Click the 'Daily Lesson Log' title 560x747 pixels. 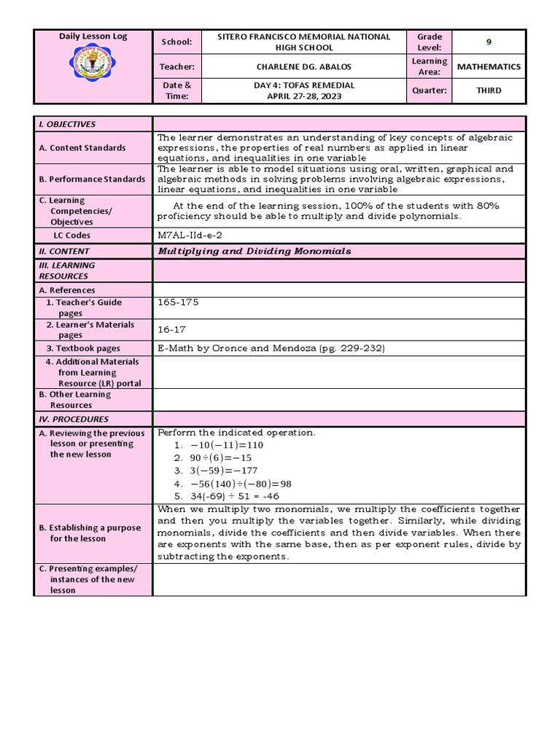pyautogui.click(x=93, y=36)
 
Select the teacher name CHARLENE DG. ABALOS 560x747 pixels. pyautogui.click(x=304, y=66)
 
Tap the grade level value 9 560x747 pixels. pyautogui.click(x=489, y=42)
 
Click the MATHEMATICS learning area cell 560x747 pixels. pyautogui.click(x=489, y=66)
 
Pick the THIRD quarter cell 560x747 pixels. pyautogui.click(x=489, y=90)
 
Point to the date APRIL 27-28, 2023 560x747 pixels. pyautogui.click(x=304, y=96)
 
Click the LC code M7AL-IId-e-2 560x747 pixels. pyautogui.click(x=191, y=235)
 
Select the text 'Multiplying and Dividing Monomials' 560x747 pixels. pyautogui.click(x=254, y=251)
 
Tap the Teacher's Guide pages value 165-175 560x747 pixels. pyautogui.click(x=178, y=302)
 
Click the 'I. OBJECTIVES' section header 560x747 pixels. pyautogui.click(x=67, y=124)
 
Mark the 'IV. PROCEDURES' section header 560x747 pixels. pyautogui.click(x=74, y=419)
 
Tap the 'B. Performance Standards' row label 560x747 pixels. pyautogui.click(x=92, y=179)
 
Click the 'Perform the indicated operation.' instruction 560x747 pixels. pyautogui.click(x=237, y=433)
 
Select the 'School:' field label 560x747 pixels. pyautogui.click(x=176, y=42)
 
